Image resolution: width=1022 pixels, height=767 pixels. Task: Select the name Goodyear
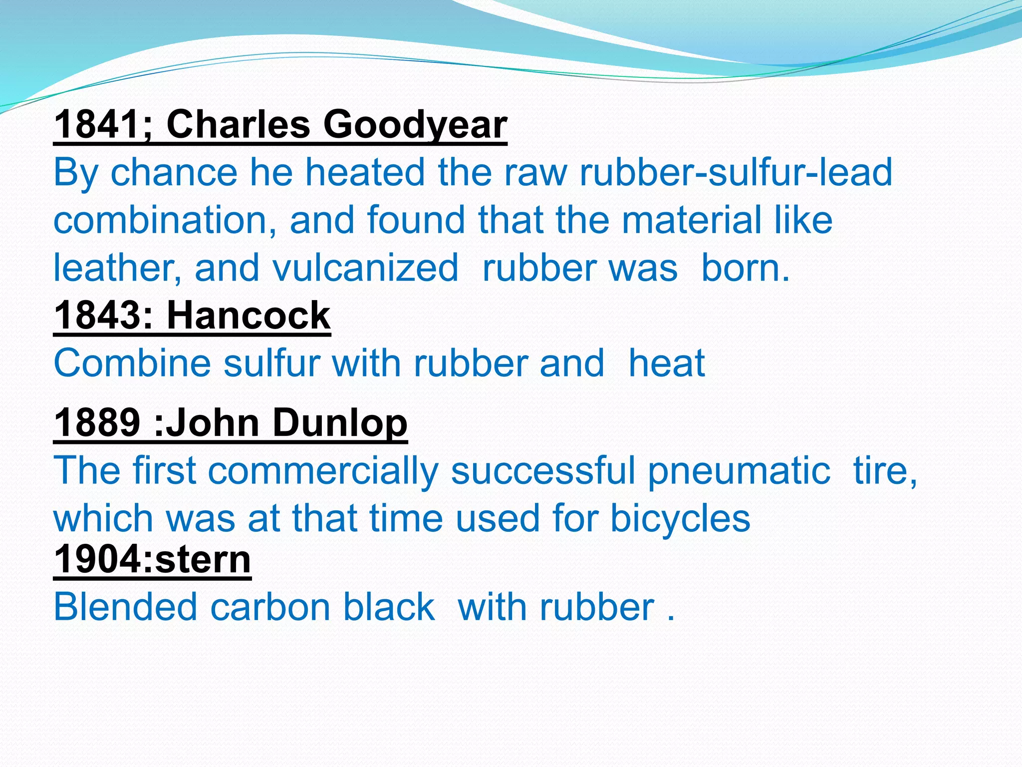point(415,124)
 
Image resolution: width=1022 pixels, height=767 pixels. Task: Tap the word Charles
point(238,124)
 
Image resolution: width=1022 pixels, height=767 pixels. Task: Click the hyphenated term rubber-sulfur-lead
point(736,172)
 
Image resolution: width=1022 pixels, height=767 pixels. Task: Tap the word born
point(746,268)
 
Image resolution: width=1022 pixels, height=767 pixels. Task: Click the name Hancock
point(249,316)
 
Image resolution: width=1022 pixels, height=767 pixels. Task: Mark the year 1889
point(97,422)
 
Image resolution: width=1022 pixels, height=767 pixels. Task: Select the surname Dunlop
point(340,422)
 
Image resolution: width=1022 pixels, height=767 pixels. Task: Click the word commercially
point(323,471)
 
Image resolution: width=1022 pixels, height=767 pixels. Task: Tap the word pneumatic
point(739,471)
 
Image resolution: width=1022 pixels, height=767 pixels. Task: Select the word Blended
point(125,607)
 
